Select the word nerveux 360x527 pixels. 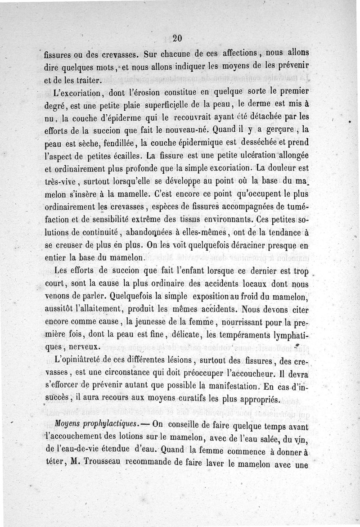tap(82, 347)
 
